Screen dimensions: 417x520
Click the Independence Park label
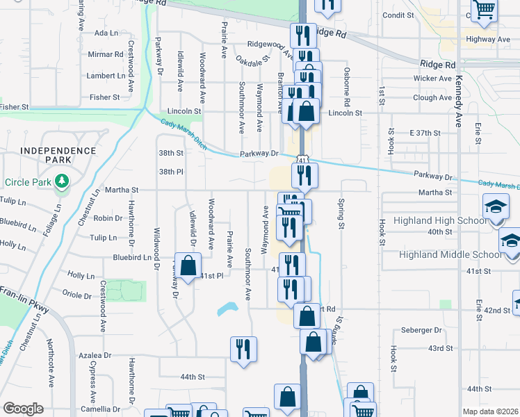coord(58,156)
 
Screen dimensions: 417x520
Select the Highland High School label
coord(439,220)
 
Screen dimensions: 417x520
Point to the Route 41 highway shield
coord(302,161)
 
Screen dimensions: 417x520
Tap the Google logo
coord(23,409)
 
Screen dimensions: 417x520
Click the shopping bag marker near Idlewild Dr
coord(188,265)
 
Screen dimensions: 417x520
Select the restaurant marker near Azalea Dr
coord(243,349)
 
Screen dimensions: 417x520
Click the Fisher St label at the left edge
coord(15,107)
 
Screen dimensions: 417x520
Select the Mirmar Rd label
coord(105,54)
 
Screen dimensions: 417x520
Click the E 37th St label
coord(425,133)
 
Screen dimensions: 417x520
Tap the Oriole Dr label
coord(77,295)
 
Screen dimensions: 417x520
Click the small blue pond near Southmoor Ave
coord(227,308)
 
